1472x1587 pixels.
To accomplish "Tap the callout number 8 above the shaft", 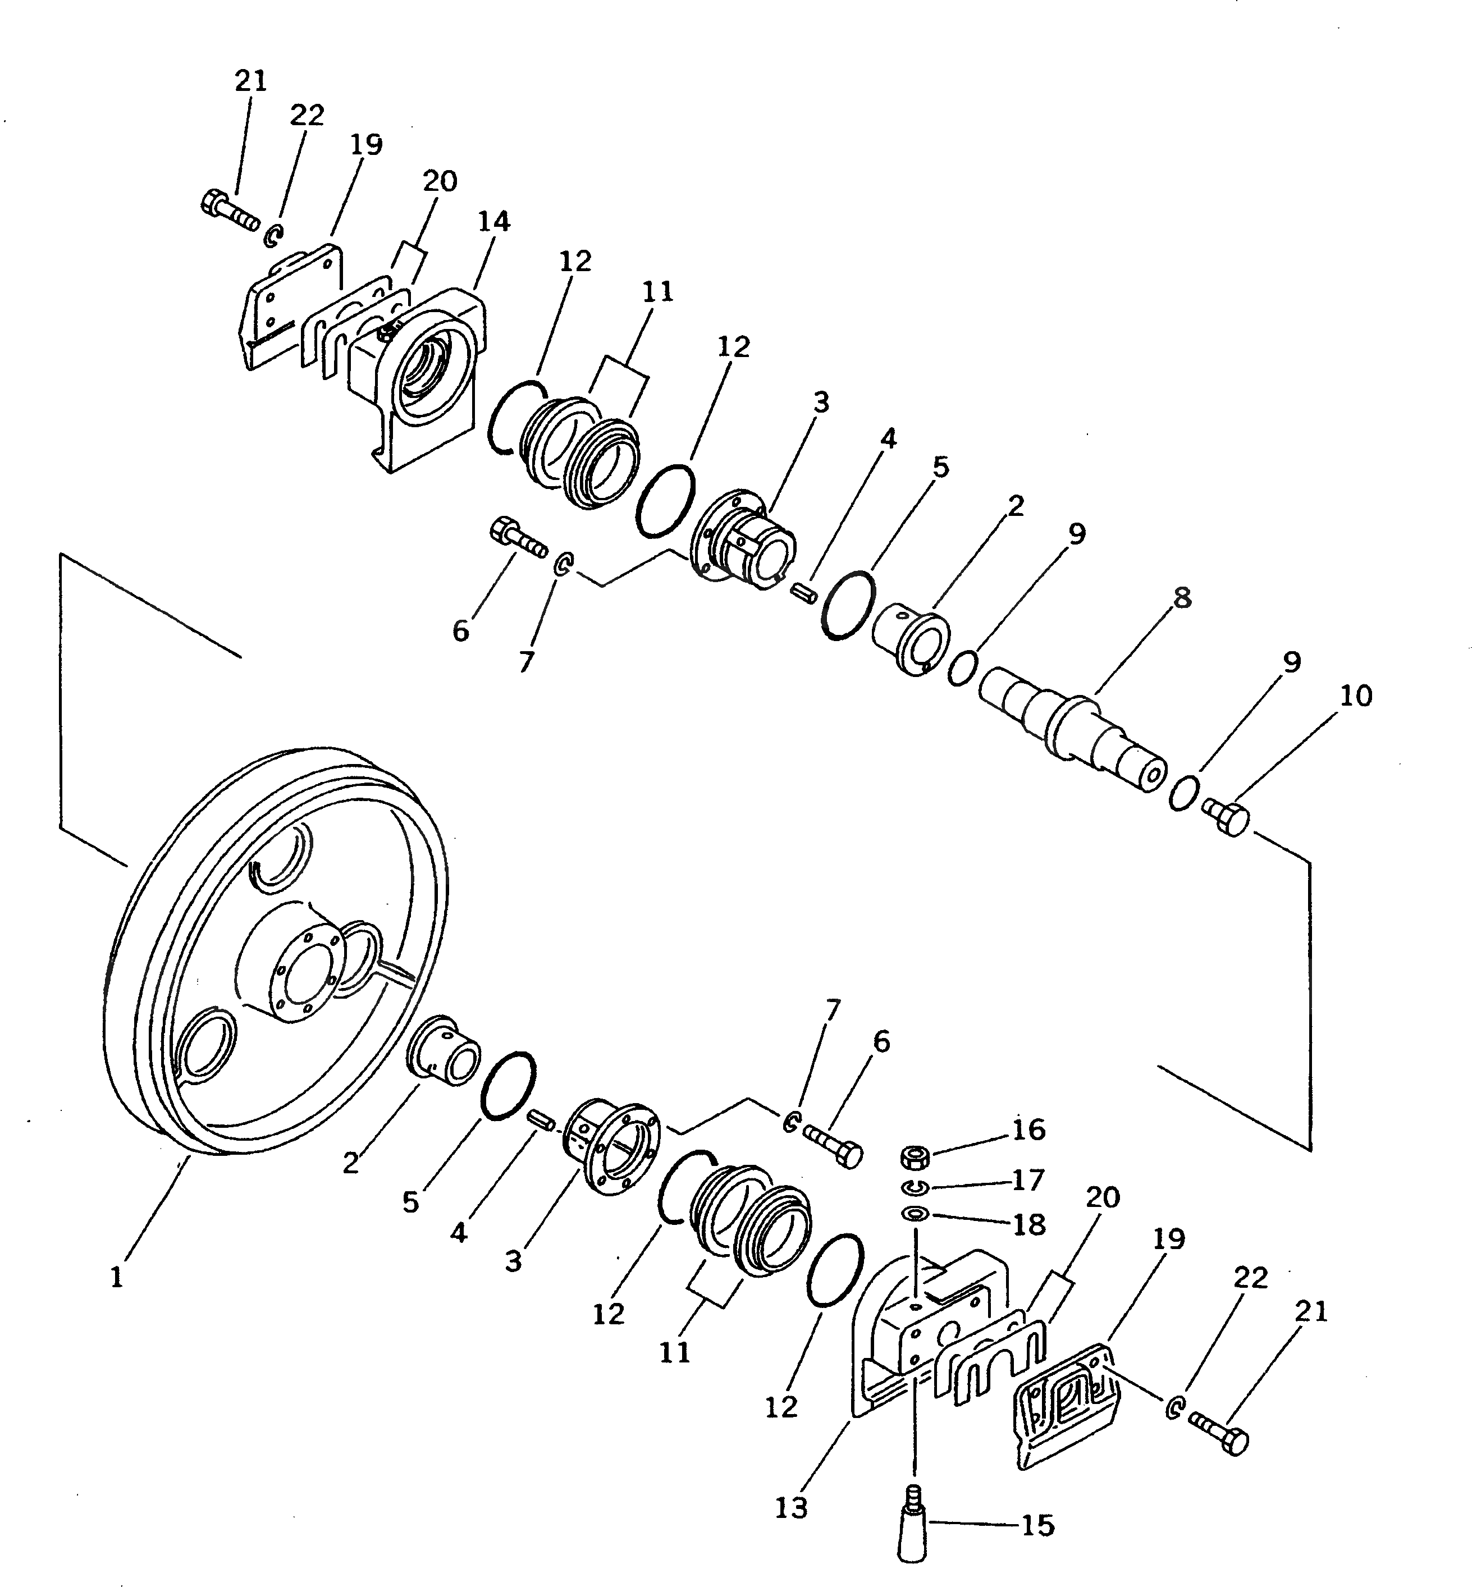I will pyautogui.click(x=1182, y=598).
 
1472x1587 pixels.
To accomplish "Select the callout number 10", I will pyautogui.click(x=1356, y=696).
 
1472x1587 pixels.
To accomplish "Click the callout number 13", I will pyautogui.click(x=791, y=1507).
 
